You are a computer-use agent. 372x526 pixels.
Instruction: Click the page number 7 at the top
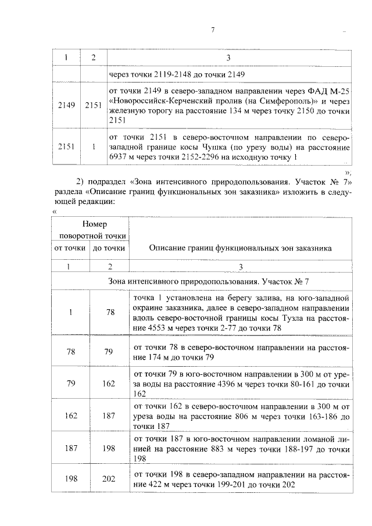tap(213, 30)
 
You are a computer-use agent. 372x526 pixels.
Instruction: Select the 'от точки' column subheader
tap(69, 248)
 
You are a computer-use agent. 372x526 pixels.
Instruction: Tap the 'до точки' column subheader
tap(108, 248)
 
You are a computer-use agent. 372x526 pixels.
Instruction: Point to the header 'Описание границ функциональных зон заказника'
tap(240, 248)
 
